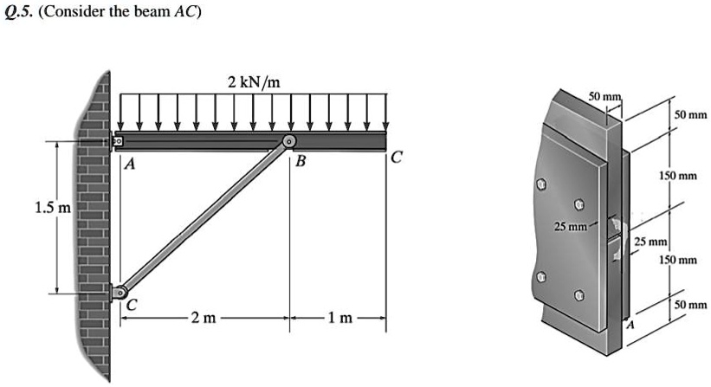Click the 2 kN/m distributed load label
tap(253, 83)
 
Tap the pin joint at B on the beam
tap(288, 141)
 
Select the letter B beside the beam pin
tap(300, 162)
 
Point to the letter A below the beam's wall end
tap(129, 163)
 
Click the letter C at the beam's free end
tap(397, 158)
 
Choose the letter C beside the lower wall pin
tap(132, 304)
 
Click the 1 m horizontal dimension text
tap(338, 319)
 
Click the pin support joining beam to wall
tap(119, 140)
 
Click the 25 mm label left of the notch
tap(572, 228)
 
